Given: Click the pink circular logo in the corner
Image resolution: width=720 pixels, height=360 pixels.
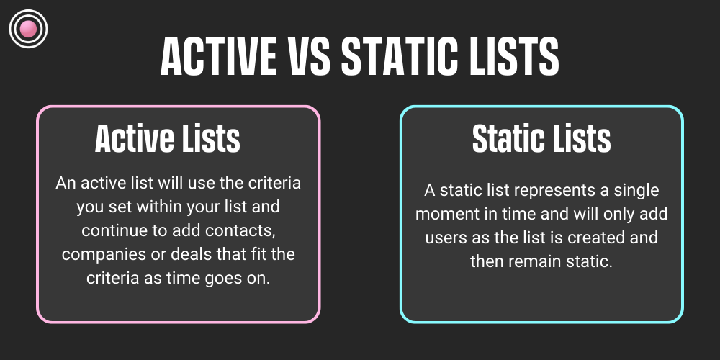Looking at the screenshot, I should click(x=28, y=29).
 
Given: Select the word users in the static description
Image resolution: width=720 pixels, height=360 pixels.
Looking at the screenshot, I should click(x=445, y=238).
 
